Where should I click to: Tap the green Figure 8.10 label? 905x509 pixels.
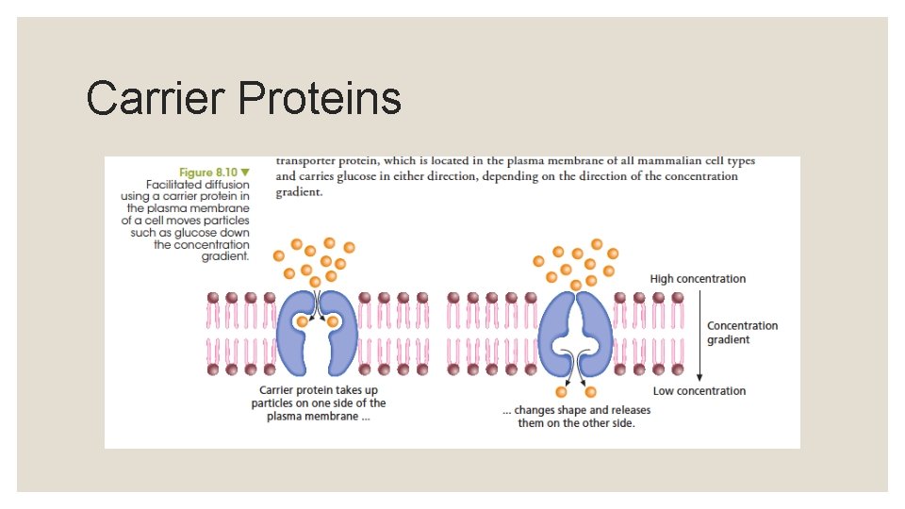click(x=208, y=172)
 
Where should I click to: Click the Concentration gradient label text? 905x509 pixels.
click(x=742, y=333)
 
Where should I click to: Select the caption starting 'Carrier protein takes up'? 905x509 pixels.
click(x=319, y=403)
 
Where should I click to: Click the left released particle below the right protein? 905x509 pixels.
click(x=562, y=391)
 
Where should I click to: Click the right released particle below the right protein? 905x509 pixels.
click(x=590, y=391)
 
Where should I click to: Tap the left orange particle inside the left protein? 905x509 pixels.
click(x=303, y=321)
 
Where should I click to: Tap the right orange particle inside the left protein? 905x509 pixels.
click(x=333, y=321)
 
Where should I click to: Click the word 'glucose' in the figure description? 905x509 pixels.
click(x=190, y=232)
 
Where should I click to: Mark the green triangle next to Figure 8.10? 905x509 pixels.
click(x=245, y=172)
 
